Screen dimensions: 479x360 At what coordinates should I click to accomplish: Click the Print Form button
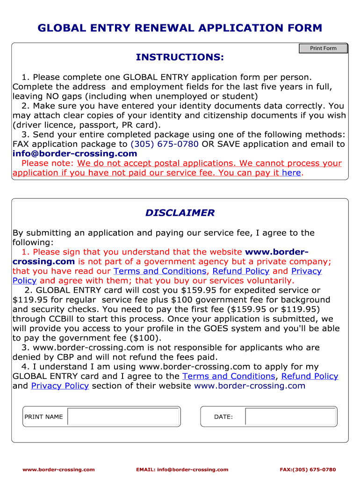coord(323,48)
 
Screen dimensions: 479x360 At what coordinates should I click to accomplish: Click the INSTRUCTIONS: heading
coord(180,57)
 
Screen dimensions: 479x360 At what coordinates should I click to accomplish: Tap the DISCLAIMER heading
coord(180,213)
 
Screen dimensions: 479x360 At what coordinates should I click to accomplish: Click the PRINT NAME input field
coord(123,417)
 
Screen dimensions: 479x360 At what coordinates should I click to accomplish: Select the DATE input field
coord(290,417)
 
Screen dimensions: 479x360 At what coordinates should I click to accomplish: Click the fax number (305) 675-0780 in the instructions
coord(165,144)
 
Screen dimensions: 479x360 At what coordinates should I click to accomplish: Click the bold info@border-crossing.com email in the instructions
coord(75,153)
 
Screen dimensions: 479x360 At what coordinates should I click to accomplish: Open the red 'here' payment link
coord(291,173)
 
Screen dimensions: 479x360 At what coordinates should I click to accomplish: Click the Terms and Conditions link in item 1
coord(159,271)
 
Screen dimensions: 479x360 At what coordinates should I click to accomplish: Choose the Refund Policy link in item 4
coord(310,376)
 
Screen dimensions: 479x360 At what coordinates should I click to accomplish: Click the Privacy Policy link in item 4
coord(60,385)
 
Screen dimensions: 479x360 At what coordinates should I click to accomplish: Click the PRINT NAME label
coord(43,417)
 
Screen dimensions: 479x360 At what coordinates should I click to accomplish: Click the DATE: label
coord(223,417)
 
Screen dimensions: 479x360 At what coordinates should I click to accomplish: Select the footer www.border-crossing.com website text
coord(59,470)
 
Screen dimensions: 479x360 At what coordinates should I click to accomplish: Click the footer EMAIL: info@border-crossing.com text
coord(182,470)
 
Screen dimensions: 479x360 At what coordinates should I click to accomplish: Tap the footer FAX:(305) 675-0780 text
coord(308,470)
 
